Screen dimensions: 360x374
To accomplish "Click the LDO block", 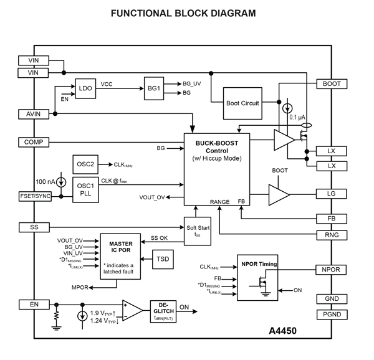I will [x=85, y=88].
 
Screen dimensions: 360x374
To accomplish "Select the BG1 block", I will [x=154, y=88].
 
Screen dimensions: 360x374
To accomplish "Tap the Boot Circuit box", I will [x=242, y=103].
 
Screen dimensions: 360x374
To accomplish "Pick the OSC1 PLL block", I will [x=85, y=188].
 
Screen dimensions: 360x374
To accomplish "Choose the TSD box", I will [x=163, y=258].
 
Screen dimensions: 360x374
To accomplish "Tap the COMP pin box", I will [x=33, y=142].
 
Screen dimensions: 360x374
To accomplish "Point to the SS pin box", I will [x=33, y=227].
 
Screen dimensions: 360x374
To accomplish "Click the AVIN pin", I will [x=33, y=114].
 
